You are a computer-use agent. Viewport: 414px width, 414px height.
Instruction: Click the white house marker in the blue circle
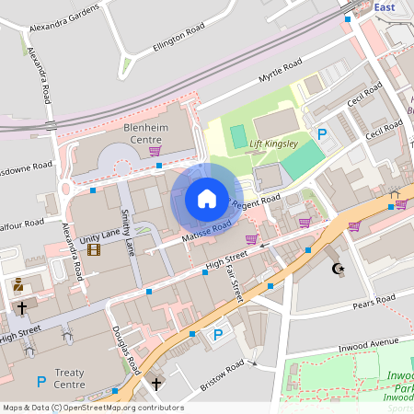click(x=206, y=199)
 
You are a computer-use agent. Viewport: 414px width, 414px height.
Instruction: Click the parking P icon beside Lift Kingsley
click(x=322, y=135)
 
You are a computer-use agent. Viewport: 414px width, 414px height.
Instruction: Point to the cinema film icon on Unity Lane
click(x=93, y=248)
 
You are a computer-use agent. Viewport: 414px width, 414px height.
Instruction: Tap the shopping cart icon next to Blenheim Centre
click(x=155, y=151)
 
